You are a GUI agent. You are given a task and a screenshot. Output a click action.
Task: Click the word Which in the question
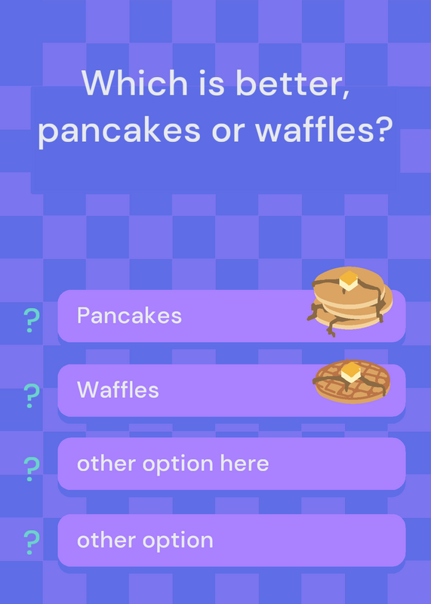click(x=134, y=83)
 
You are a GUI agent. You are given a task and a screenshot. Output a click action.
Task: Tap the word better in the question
click(x=293, y=84)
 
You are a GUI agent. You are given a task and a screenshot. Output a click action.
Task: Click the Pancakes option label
click(x=129, y=316)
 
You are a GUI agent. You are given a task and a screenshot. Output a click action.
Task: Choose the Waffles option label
click(x=118, y=390)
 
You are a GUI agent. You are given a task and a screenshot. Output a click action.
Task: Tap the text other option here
click(x=173, y=464)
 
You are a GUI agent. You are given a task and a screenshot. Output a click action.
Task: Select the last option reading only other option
click(x=145, y=540)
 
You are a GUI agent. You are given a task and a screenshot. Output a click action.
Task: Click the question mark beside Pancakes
click(x=31, y=320)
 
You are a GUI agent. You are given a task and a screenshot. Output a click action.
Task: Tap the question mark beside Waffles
click(x=31, y=396)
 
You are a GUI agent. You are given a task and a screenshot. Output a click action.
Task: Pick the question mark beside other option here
click(x=31, y=469)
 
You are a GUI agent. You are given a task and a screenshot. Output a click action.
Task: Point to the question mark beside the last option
click(x=31, y=542)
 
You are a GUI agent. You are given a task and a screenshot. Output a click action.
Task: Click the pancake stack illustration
click(x=349, y=301)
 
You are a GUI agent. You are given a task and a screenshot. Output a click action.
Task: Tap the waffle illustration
click(x=352, y=381)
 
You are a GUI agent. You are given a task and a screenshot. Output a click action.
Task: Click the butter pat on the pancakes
click(x=349, y=280)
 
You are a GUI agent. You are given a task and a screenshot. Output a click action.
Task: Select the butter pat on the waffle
click(x=350, y=371)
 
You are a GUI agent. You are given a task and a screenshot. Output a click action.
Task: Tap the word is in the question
click(x=211, y=83)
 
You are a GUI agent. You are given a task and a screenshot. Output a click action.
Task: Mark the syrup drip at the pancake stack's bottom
click(x=331, y=328)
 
